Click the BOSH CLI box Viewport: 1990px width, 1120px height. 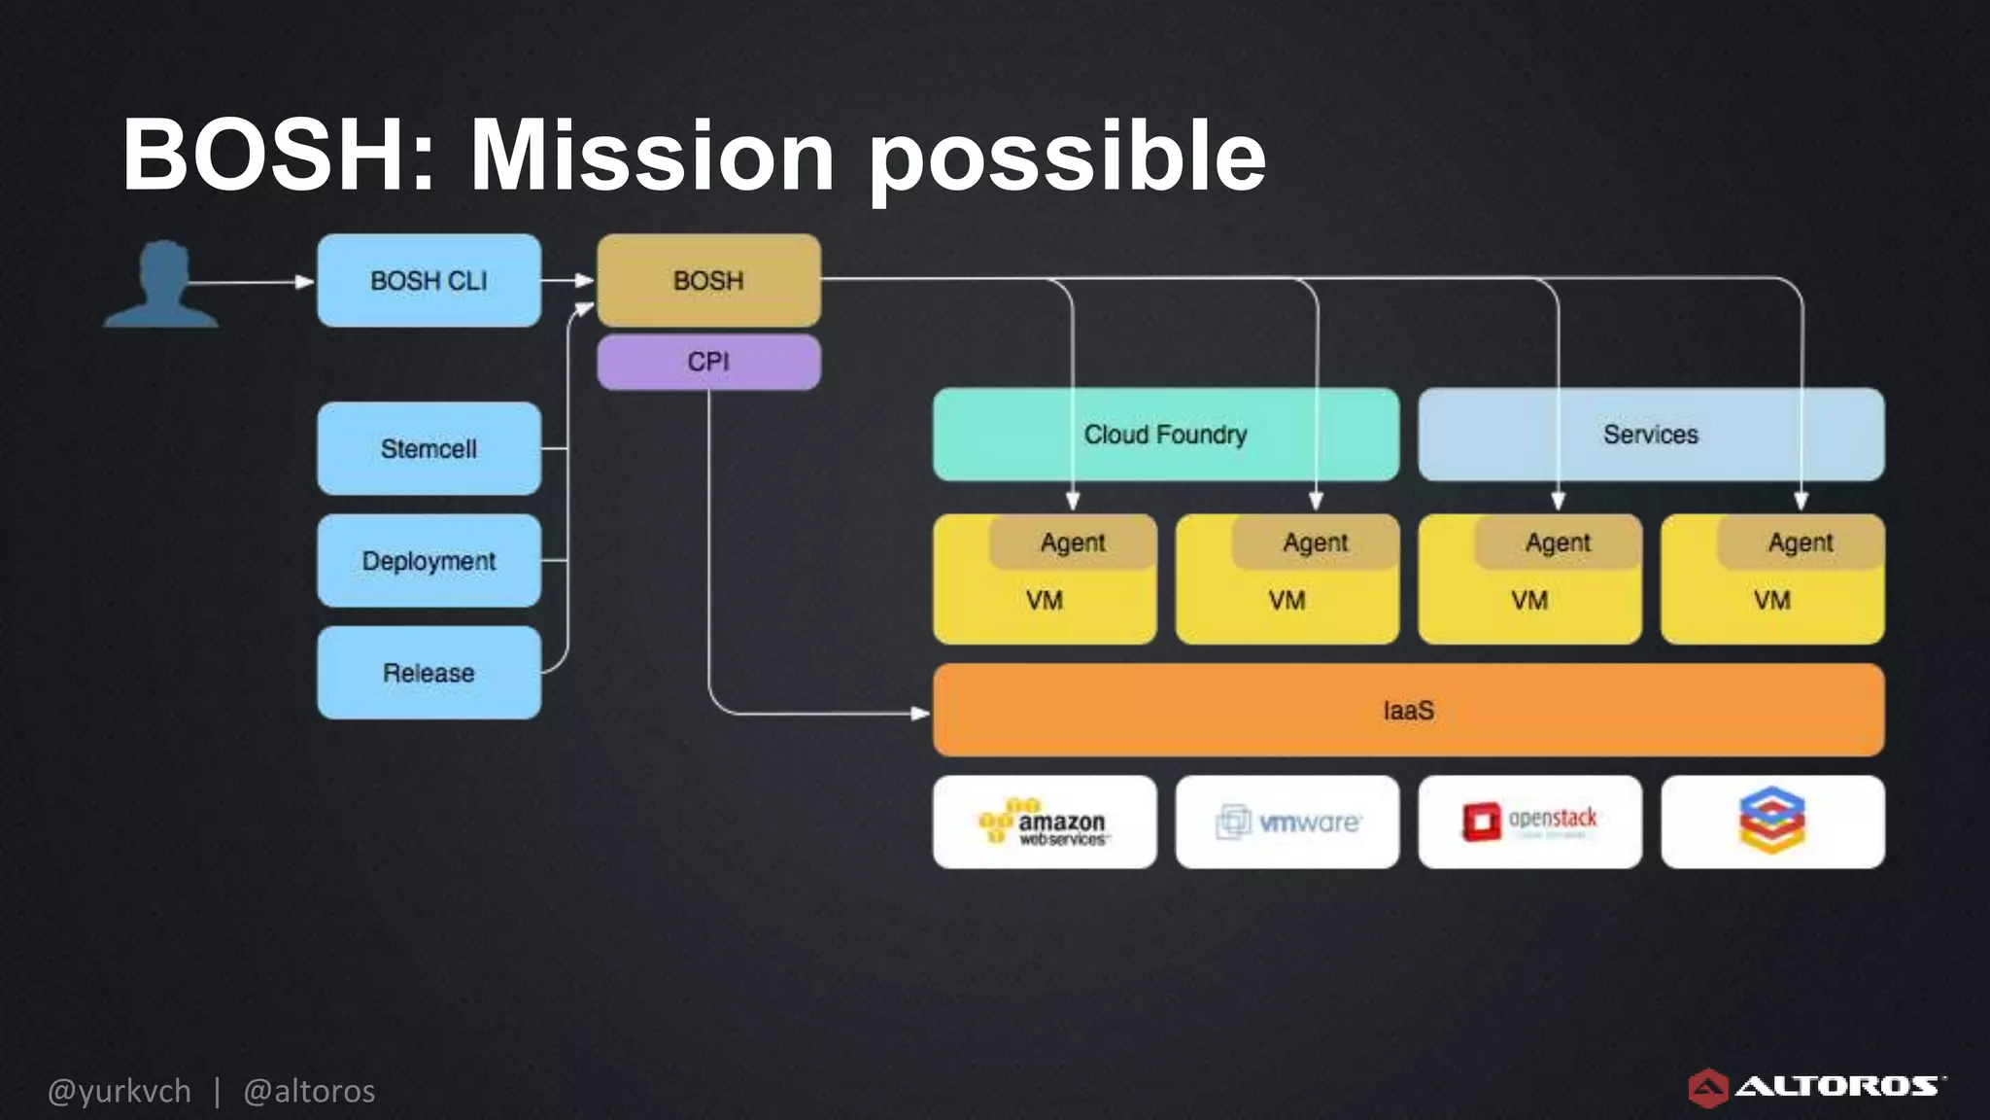tap(429, 281)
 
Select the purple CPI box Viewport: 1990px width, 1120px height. tap(708, 362)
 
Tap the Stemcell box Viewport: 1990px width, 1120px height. tap(429, 449)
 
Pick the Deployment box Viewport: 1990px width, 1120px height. tap(429, 561)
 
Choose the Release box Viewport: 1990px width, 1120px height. tap(429, 673)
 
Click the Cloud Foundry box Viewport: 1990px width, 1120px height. tap(1165, 435)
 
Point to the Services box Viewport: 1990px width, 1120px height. tap(1650, 435)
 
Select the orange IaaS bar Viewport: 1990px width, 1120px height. tap(1408, 711)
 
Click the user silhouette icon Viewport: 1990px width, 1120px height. tap(161, 284)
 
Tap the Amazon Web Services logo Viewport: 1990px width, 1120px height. tap(1045, 822)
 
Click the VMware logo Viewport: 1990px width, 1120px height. tap(1287, 822)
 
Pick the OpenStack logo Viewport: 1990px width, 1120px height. tap(1529, 822)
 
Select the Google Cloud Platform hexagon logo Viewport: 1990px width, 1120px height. tap(1772, 821)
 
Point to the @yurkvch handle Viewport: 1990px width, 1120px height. tap(120, 1092)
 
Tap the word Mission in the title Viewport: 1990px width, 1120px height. tap(652, 156)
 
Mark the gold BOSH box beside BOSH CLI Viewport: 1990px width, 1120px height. tap(708, 281)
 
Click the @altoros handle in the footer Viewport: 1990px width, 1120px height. tap(309, 1092)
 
